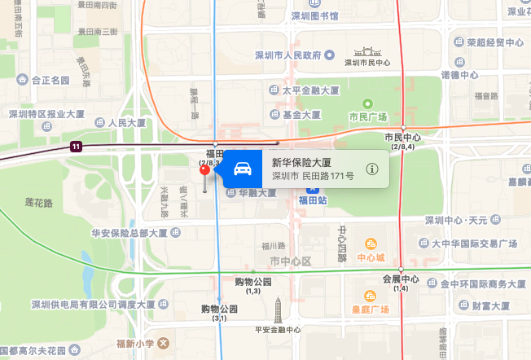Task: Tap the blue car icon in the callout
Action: point(242,169)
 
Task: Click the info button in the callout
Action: point(372,169)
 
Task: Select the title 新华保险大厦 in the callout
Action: point(302,162)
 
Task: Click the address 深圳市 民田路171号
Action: point(313,176)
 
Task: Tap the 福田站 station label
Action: point(312,199)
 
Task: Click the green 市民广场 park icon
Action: point(366,103)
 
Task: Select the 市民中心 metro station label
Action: point(402,138)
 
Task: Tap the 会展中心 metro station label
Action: point(401,279)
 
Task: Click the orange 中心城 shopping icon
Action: point(371,244)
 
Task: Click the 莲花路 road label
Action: point(38,202)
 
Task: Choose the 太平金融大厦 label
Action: point(312,91)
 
